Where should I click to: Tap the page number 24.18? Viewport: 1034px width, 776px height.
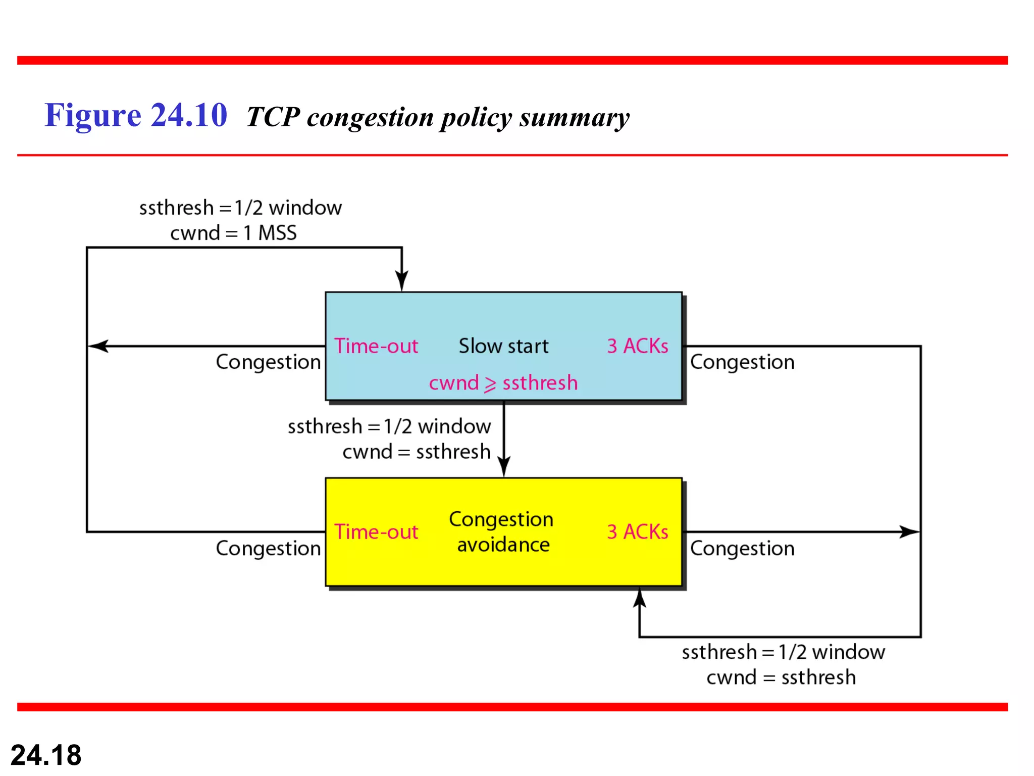click(46, 755)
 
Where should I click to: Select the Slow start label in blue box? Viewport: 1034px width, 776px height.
click(503, 346)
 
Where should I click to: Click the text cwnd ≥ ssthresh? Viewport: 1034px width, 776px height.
click(503, 383)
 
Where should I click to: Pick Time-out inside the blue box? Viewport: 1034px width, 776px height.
click(376, 346)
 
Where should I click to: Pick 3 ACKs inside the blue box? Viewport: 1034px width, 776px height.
click(637, 346)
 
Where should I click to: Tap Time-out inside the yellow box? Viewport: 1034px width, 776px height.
click(376, 532)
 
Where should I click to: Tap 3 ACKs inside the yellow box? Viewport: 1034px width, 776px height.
click(637, 532)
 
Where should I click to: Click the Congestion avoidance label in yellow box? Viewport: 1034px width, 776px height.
click(502, 532)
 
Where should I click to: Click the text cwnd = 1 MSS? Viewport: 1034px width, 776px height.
click(233, 233)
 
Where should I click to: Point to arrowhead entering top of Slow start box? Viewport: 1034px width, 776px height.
click(402, 281)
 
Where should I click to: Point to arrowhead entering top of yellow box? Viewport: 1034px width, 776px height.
click(504, 466)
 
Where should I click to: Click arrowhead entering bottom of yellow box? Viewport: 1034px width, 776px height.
click(640, 598)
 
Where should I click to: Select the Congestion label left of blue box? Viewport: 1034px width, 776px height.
click(268, 362)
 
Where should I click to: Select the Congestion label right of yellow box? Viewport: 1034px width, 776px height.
click(742, 549)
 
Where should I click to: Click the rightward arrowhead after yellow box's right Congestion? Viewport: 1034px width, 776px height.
click(909, 532)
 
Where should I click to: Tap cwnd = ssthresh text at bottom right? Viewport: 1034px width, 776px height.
click(781, 677)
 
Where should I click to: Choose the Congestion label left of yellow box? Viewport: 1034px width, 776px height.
click(268, 549)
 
